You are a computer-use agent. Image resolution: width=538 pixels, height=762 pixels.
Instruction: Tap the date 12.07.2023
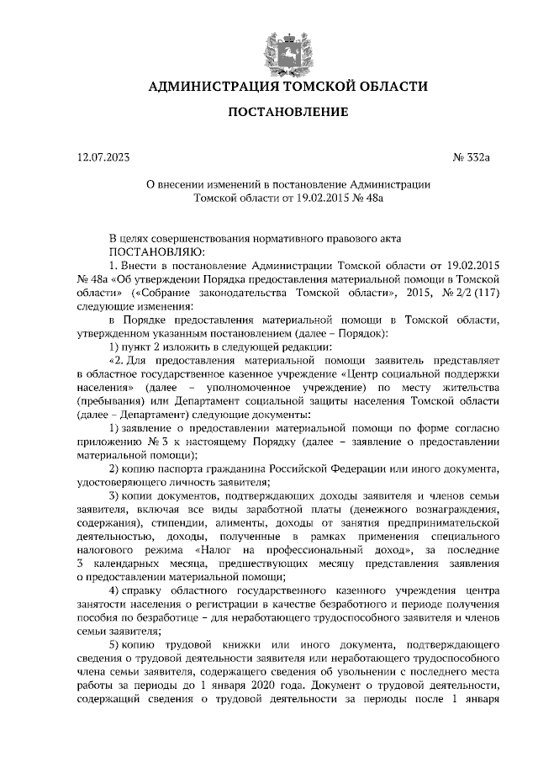click(103, 156)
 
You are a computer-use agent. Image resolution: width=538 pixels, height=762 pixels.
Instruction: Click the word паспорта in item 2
click(182, 468)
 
